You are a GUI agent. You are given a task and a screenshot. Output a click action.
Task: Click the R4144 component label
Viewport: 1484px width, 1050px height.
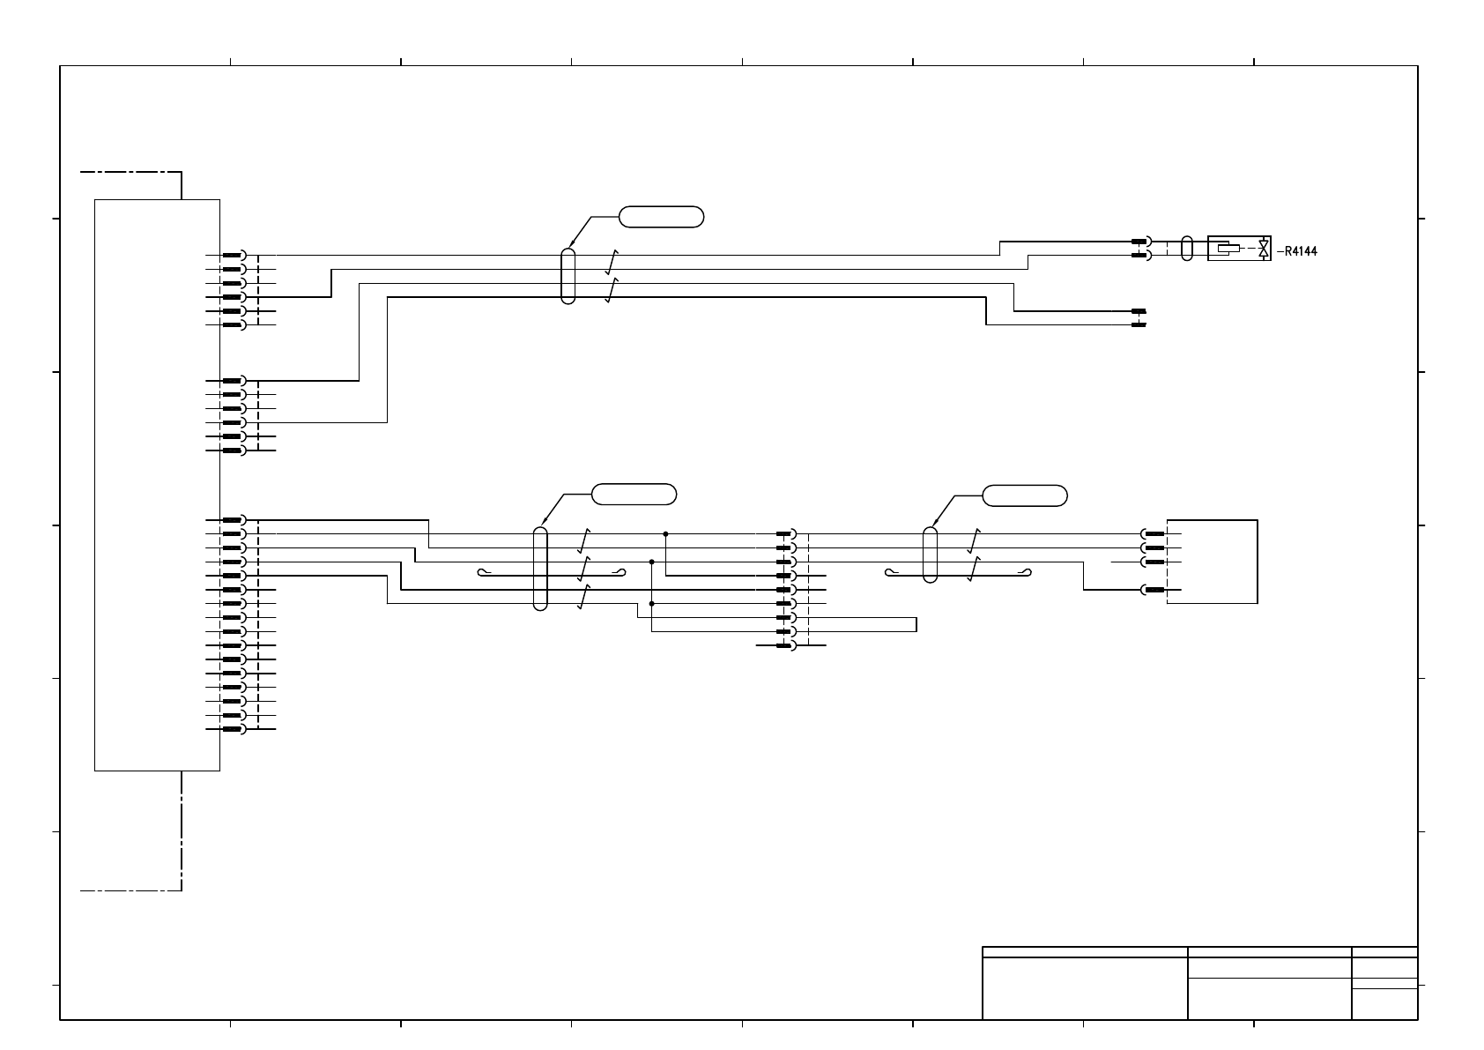pos(1301,251)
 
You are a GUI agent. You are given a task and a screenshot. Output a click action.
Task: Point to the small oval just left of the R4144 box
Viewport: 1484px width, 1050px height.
pos(1186,248)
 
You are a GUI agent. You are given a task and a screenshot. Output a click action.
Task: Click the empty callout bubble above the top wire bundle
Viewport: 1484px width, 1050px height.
pos(662,217)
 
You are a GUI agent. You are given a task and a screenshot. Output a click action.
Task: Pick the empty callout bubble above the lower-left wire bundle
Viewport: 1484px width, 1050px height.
pos(634,495)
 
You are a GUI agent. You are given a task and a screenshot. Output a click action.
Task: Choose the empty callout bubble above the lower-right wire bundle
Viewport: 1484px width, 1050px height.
pos(1025,495)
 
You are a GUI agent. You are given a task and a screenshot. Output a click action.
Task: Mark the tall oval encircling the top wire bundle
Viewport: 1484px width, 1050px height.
pos(568,276)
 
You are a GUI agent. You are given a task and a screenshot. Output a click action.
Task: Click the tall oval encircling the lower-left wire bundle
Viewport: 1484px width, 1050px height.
pos(541,569)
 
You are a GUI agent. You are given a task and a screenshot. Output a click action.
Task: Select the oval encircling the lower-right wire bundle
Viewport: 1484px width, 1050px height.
pos(930,555)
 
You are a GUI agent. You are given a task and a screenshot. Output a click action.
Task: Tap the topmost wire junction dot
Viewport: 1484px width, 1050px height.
pos(665,533)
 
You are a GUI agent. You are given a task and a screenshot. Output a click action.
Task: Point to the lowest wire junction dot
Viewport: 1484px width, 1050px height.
pos(651,604)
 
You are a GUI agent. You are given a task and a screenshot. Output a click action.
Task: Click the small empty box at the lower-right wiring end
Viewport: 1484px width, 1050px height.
pos(1213,562)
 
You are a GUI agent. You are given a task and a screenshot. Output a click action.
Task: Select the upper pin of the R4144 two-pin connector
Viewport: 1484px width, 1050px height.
pos(1139,242)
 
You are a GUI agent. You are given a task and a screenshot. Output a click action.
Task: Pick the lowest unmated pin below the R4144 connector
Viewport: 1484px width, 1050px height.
pos(1139,325)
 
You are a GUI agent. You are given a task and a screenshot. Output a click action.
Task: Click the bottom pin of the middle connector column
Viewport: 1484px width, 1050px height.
pos(784,645)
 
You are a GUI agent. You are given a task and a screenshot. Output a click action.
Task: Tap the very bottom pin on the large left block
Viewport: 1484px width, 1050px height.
pos(233,729)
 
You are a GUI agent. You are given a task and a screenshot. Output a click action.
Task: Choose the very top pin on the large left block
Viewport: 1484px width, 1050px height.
pos(233,256)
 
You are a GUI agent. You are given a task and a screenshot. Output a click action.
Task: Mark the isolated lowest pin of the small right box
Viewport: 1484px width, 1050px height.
pos(1154,590)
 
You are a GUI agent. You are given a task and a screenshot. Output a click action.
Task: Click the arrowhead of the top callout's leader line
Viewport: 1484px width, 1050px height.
pos(570,246)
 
